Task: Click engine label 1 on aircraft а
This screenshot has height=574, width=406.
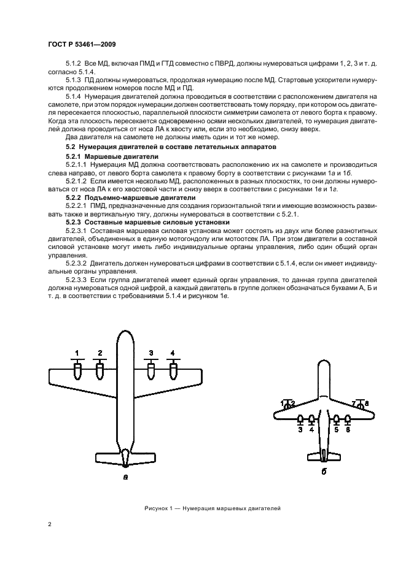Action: (x=77, y=353)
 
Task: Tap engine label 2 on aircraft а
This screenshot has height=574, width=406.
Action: (x=100, y=353)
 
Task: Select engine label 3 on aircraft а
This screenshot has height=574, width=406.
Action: (x=150, y=353)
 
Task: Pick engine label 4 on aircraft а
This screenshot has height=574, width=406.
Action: (x=173, y=353)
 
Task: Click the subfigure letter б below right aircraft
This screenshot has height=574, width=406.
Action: (x=324, y=471)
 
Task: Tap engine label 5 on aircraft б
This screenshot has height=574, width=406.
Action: (x=336, y=430)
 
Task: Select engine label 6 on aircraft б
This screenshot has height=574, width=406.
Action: (x=348, y=430)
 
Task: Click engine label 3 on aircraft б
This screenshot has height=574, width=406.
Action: (x=300, y=430)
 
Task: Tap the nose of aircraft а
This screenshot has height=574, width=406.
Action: (x=125, y=335)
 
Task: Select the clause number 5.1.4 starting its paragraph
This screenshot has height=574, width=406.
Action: (x=75, y=96)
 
